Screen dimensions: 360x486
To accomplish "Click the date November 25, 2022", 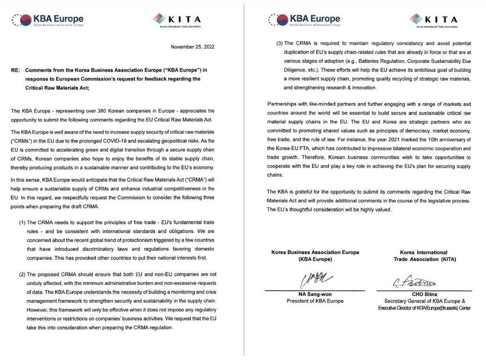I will coord(193,47).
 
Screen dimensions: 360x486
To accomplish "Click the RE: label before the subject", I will coord(16,70).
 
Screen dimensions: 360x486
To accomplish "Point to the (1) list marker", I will coord(23,222).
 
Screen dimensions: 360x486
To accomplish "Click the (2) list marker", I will coord(23,275).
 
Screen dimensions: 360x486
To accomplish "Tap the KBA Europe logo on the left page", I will coord(48,21).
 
